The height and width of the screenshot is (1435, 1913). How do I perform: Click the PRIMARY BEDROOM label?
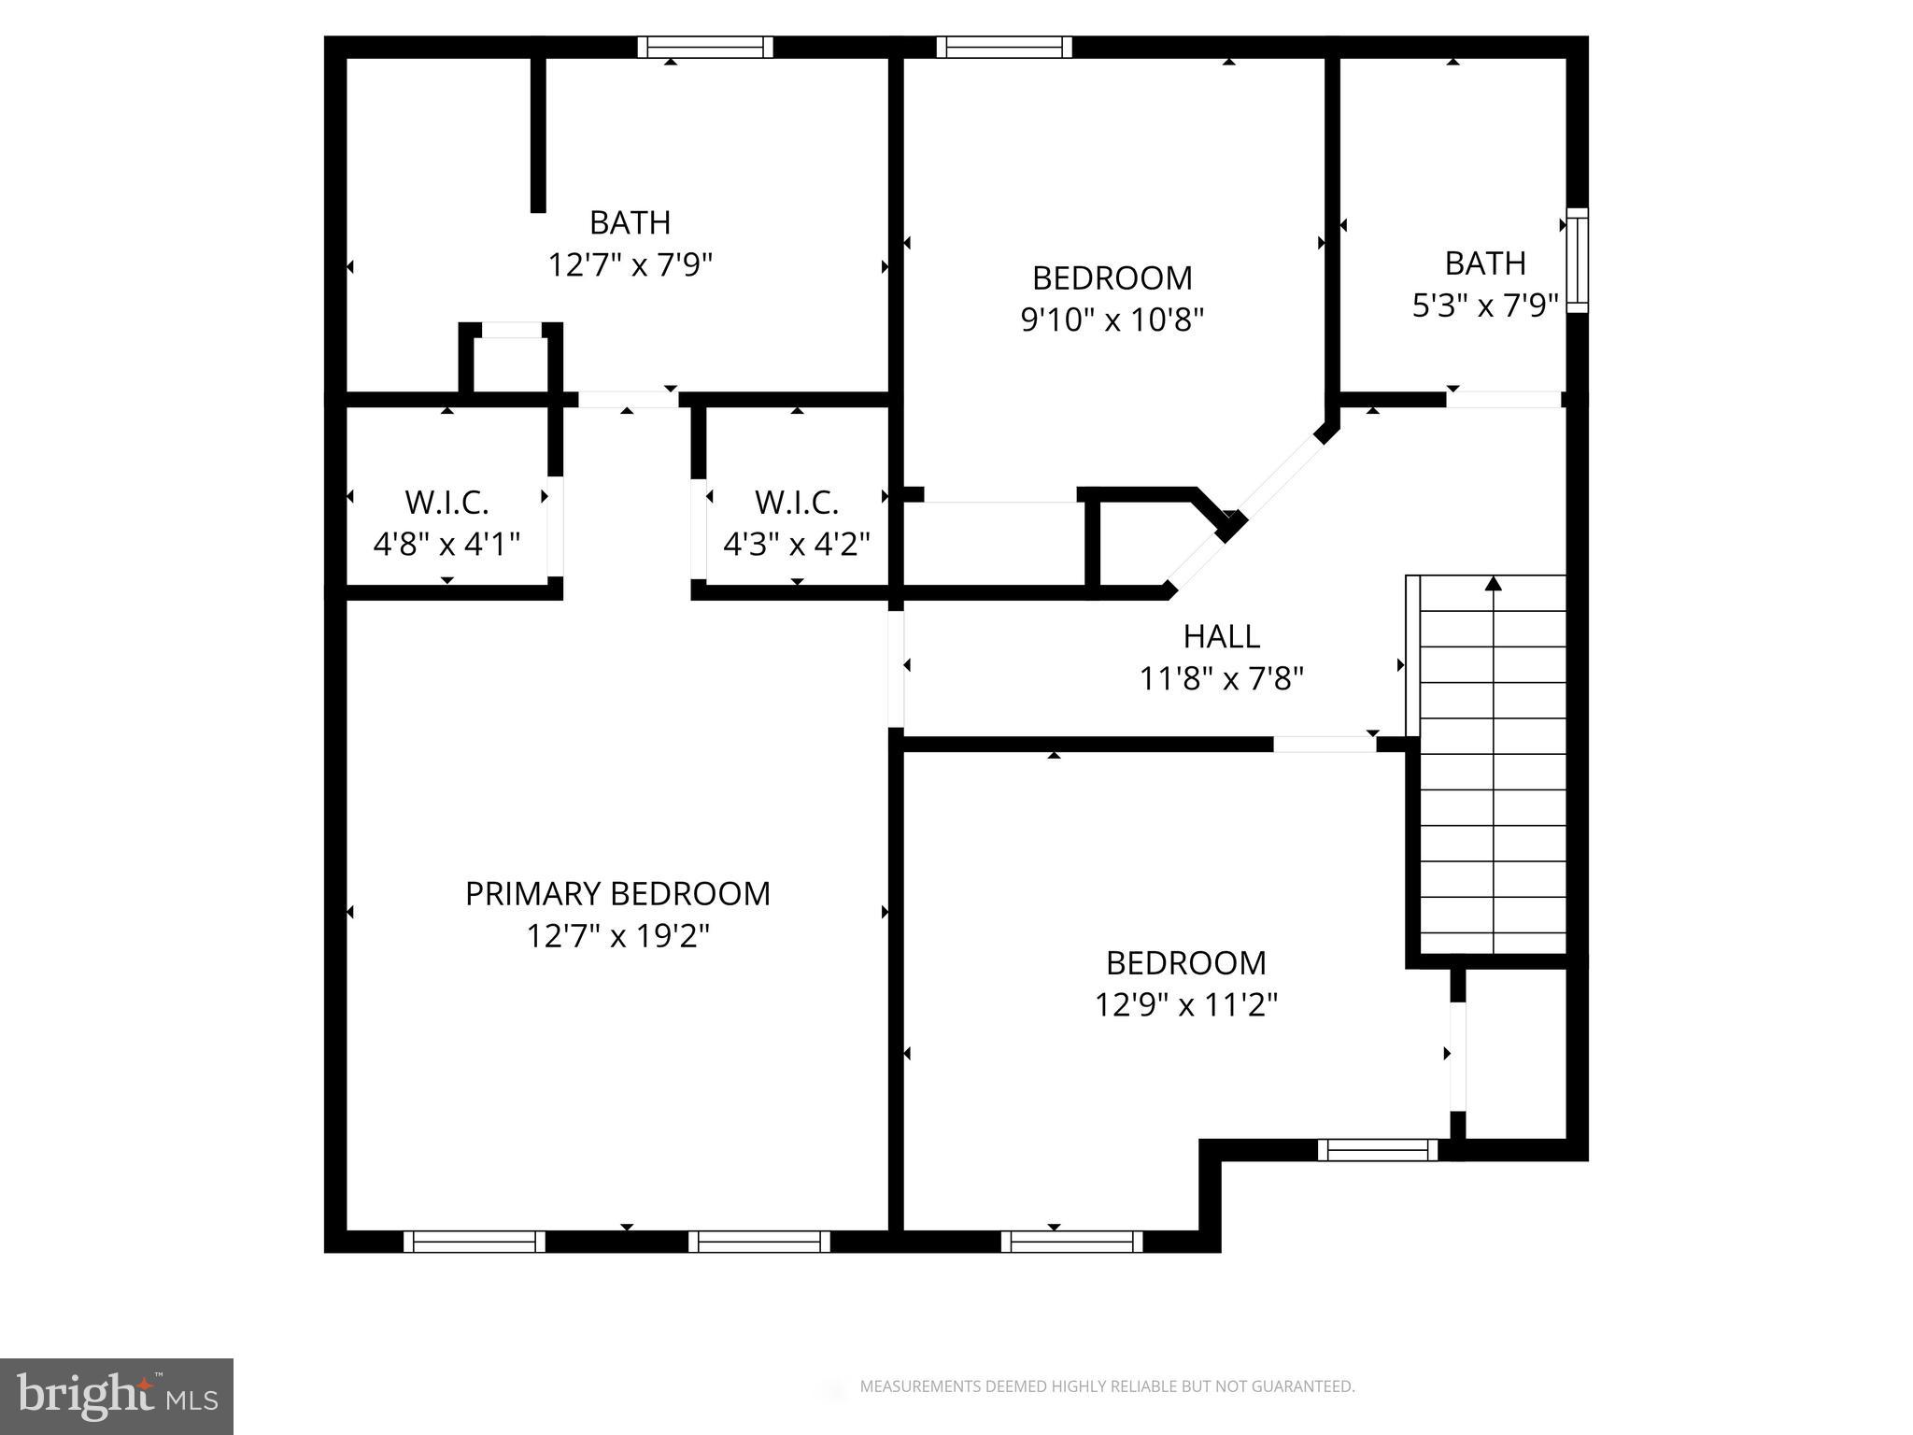coord(617,894)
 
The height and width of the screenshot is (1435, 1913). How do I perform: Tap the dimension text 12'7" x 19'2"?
coord(617,936)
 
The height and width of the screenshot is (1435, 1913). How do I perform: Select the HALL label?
coord(1221,636)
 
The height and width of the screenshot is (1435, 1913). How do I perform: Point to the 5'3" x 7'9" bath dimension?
coord(1484,305)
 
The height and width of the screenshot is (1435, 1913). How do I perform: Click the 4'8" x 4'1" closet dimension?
coord(446,544)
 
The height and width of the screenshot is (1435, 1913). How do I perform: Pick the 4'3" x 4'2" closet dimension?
coord(797,544)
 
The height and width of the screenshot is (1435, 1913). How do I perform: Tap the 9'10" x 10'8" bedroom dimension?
coord(1112,320)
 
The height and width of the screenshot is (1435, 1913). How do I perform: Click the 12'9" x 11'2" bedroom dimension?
coord(1185,1005)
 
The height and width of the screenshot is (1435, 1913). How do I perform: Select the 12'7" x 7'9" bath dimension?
coord(630,265)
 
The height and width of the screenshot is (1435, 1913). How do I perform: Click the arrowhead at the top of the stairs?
coord(1493,584)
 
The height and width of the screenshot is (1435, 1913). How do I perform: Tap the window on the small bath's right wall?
coord(1577,260)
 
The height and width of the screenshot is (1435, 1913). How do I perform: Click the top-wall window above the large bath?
coord(705,47)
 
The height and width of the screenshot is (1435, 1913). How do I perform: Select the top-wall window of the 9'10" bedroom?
coord(1004,47)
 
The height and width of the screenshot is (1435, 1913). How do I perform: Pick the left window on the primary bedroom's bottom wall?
coord(475,1242)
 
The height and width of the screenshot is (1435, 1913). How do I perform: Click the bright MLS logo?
coord(117,1396)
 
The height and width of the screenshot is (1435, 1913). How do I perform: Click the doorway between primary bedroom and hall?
coord(896,668)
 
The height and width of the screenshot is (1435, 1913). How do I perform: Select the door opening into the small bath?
coord(1504,399)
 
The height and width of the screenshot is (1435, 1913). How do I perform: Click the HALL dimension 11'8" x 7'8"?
coord(1221,678)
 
